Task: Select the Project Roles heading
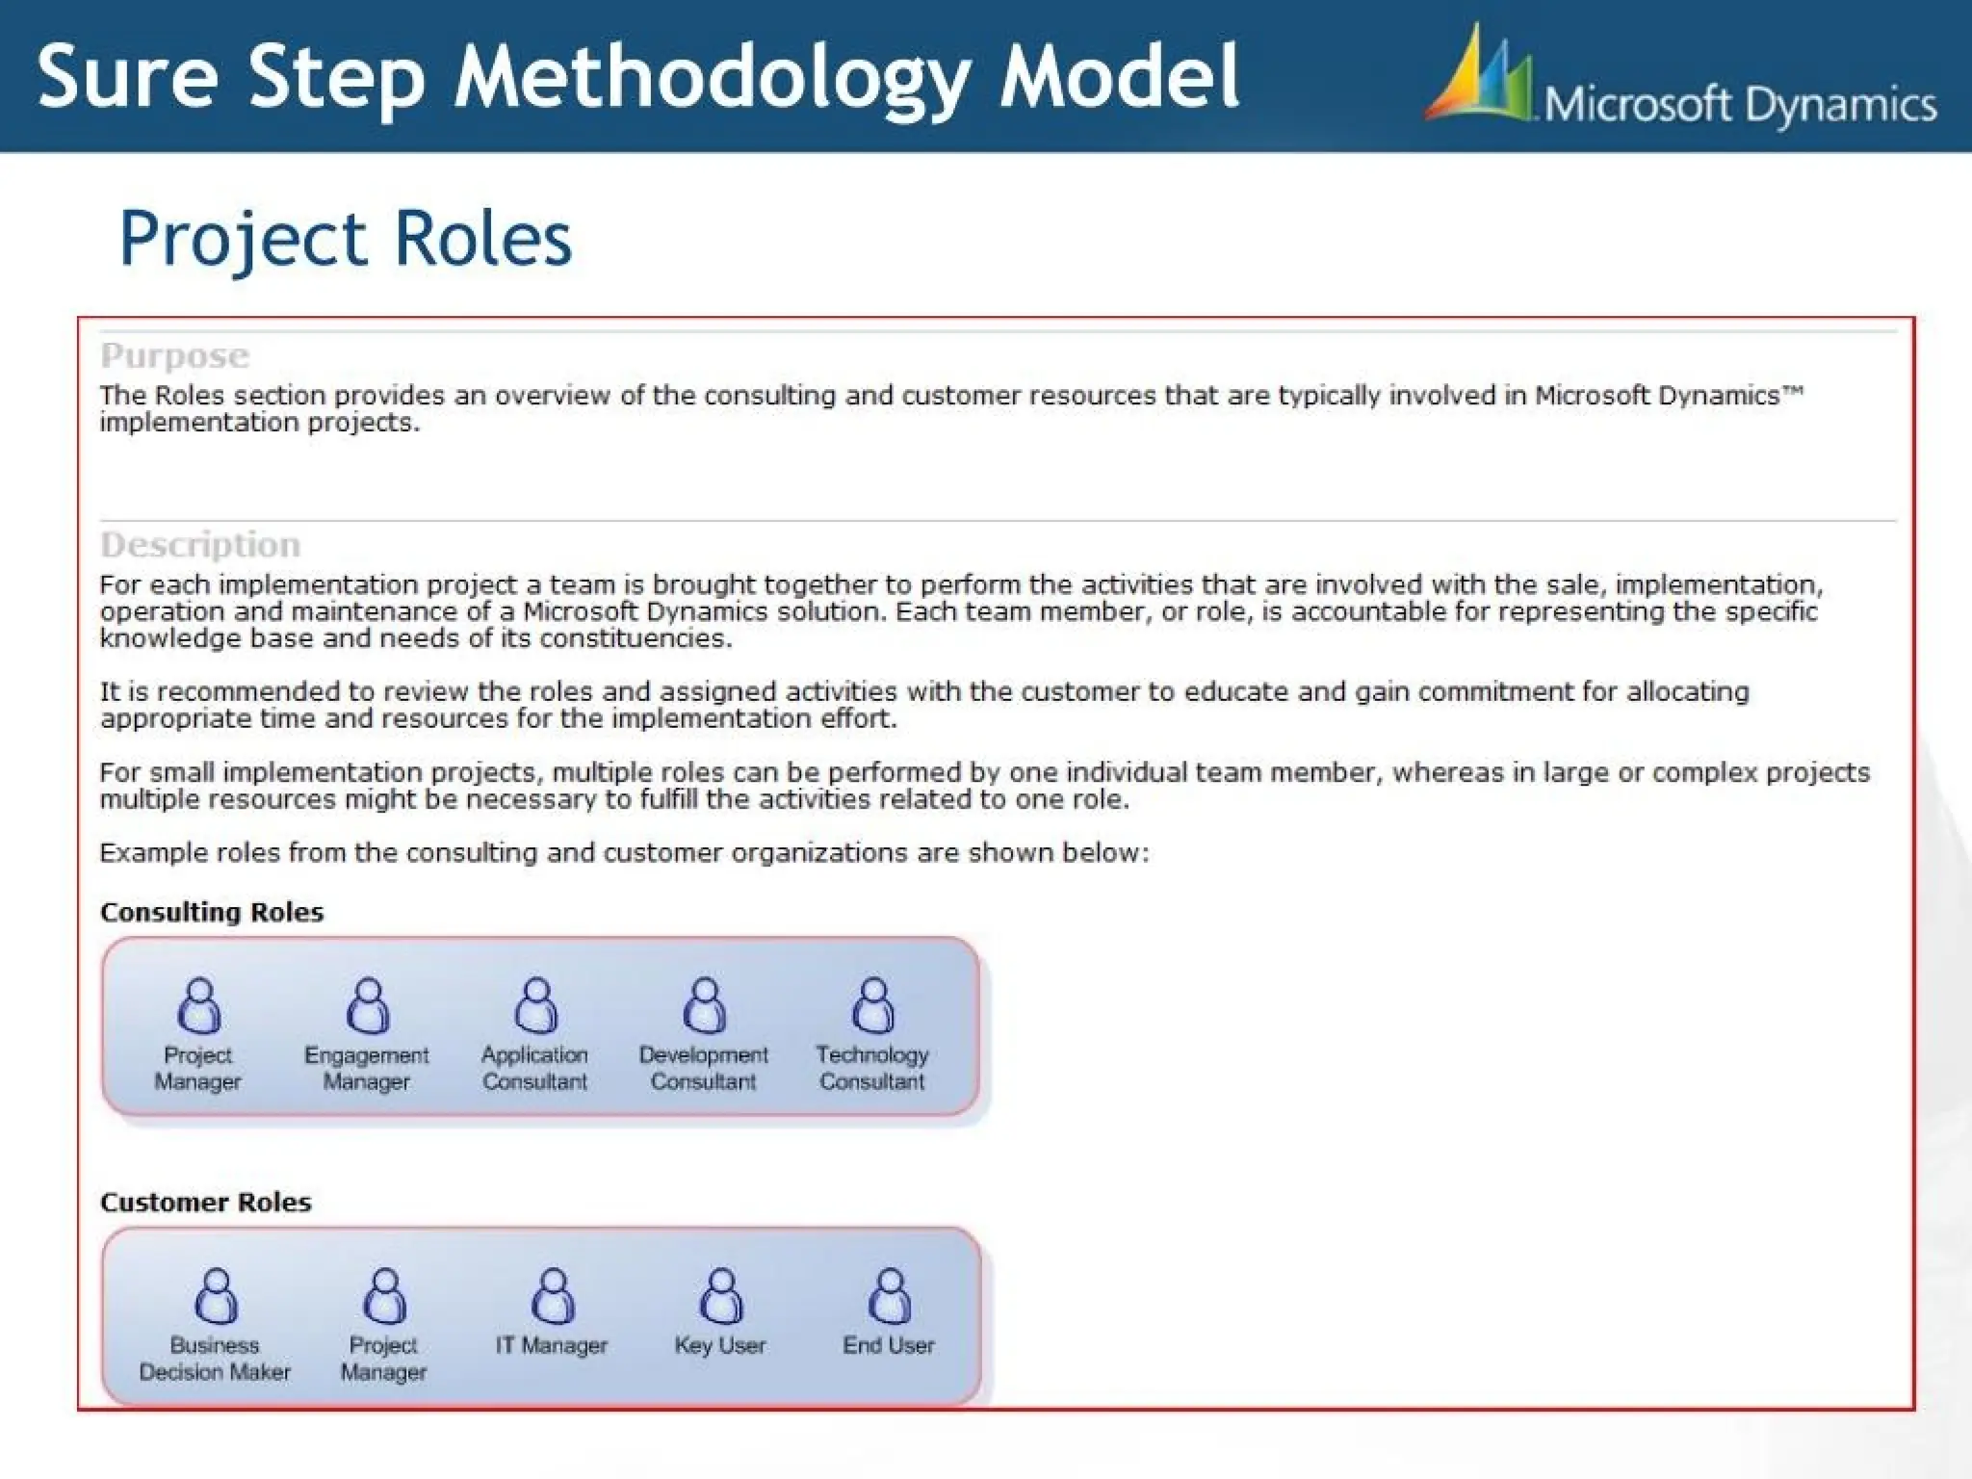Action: (345, 238)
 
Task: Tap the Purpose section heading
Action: (174, 355)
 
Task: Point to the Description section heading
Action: (200, 545)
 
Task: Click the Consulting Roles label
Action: (212, 912)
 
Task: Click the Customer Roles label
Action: (206, 1202)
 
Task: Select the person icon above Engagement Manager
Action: (368, 1005)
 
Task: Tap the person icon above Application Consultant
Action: (536, 1005)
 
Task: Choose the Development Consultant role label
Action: (704, 1068)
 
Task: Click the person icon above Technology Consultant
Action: (873, 1005)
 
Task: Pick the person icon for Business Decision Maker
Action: (217, 1296)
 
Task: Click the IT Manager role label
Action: (552, 1345)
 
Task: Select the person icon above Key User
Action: (721, 1296)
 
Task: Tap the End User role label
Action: (889, 1345)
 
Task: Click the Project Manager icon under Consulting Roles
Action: (199, 1005)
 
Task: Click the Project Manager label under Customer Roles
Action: (383, 1358)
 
